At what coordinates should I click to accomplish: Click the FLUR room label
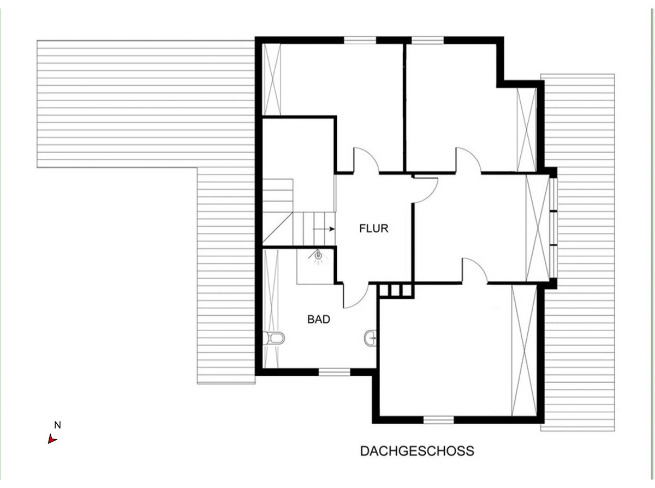coord(373,228)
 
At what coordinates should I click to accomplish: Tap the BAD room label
coord(319,320)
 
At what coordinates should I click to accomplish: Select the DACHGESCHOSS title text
coord(417,451)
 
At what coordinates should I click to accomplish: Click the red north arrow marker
coord(52,439)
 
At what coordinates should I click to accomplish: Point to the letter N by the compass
coord(58,425)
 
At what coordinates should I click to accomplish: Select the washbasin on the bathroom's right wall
coord(370,338)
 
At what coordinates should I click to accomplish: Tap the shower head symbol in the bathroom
coord(318,256)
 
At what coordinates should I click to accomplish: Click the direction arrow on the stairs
coord(324,229)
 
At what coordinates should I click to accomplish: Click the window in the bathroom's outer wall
coord(334,372)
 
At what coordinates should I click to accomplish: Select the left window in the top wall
coord(360,40)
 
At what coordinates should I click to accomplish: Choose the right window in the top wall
coord(427,40)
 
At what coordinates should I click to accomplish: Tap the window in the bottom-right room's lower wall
coord(439,420)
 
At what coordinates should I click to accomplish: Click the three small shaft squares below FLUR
coord(396,291)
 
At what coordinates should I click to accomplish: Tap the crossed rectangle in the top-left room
coord(272,79)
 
